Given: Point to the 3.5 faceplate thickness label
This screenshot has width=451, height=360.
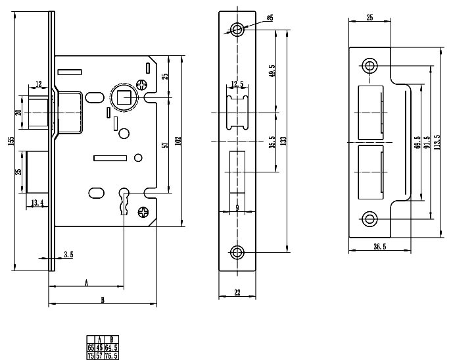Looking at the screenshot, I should click(x=68, y=254).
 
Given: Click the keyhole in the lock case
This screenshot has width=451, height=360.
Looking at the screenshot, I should click(x=123, y=198).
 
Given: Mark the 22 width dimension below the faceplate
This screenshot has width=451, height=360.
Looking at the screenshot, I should click(x=237, y=293).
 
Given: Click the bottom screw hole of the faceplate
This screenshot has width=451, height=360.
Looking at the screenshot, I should click(x=237, y=251).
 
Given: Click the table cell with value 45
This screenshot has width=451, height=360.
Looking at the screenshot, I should click(x=99, y=346).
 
